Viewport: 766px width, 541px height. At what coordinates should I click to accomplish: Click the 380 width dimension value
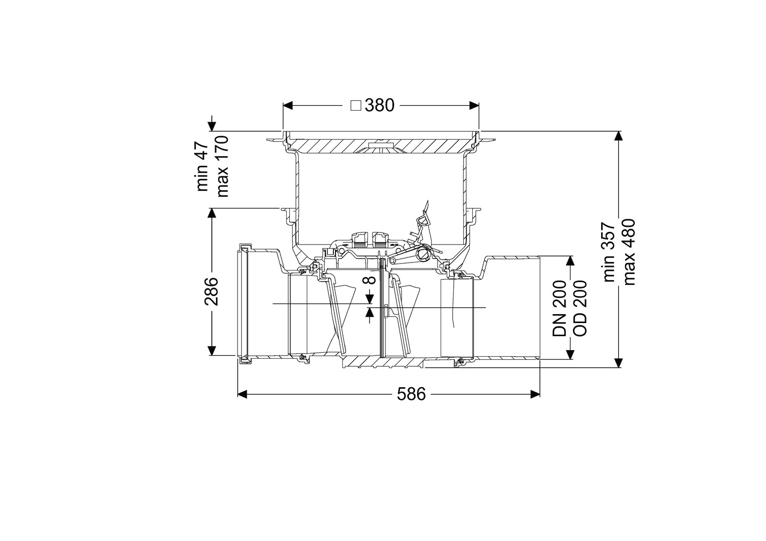click(379, 105)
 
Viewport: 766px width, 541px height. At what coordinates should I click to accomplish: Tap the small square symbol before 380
click(356, 106)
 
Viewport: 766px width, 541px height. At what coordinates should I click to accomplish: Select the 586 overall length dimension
click(412, 394)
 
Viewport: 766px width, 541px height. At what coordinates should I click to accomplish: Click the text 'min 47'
click(202, 167)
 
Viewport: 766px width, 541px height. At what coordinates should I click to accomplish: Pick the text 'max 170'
click(222, 166)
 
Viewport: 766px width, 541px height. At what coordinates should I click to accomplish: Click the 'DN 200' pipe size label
click(560, 308)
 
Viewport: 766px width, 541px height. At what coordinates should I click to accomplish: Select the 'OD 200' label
click(580, 308)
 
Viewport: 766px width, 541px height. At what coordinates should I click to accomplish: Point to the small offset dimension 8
click(369, 280)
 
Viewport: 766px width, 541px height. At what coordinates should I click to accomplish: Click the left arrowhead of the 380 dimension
click(288, 105)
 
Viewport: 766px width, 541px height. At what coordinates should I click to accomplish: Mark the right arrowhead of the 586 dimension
click(535, 394)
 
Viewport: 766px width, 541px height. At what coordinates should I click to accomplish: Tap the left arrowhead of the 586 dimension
click(243, 394)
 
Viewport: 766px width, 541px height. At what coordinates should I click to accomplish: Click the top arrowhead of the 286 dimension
click(212, 213)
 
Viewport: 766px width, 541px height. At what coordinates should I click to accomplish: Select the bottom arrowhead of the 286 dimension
click(212, 351)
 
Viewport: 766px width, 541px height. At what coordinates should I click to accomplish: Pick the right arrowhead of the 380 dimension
click(474, 105)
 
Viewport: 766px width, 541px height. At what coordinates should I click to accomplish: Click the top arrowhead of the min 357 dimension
click(618, 136)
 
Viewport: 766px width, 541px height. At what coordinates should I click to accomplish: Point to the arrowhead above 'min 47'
click(212, 126)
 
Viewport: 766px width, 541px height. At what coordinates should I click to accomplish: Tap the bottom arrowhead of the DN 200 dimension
click(569, 354)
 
